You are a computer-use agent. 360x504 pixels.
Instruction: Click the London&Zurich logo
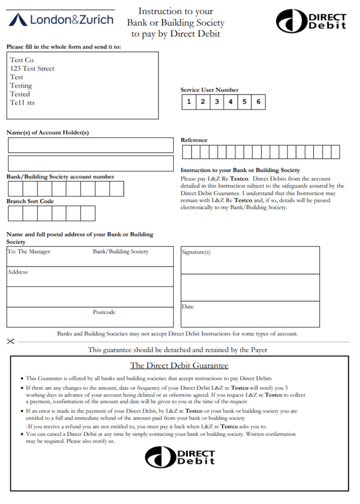point(61,19)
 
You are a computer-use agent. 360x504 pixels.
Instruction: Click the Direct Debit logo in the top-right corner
point(311,21)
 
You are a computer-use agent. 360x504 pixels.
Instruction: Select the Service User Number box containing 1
point(188,102)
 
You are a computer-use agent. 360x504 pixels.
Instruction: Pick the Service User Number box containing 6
point(258,102)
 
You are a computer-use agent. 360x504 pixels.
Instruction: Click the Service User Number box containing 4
point(230,102)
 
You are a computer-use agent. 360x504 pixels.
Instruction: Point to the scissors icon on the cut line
point(10,341)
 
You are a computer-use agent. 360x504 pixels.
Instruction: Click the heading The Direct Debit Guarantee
point(179,365)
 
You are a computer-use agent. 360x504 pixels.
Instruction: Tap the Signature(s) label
point(196,252)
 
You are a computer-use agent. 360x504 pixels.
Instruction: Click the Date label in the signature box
point(187,306)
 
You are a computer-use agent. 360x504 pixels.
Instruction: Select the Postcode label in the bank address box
point(104,312)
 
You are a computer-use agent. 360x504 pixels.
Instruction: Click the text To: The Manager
point(29,251)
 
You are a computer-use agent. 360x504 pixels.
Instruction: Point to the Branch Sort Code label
point(30,201)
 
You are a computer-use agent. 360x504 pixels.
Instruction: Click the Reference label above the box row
point(194,140)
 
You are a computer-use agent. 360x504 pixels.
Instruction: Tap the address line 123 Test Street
point(32,68)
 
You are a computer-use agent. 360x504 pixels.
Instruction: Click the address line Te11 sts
point(22,102)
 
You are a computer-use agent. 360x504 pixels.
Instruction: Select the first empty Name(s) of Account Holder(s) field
point(91,145)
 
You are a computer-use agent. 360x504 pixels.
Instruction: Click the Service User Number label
point(209,90)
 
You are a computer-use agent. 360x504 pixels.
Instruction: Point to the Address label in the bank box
point(17,272)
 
